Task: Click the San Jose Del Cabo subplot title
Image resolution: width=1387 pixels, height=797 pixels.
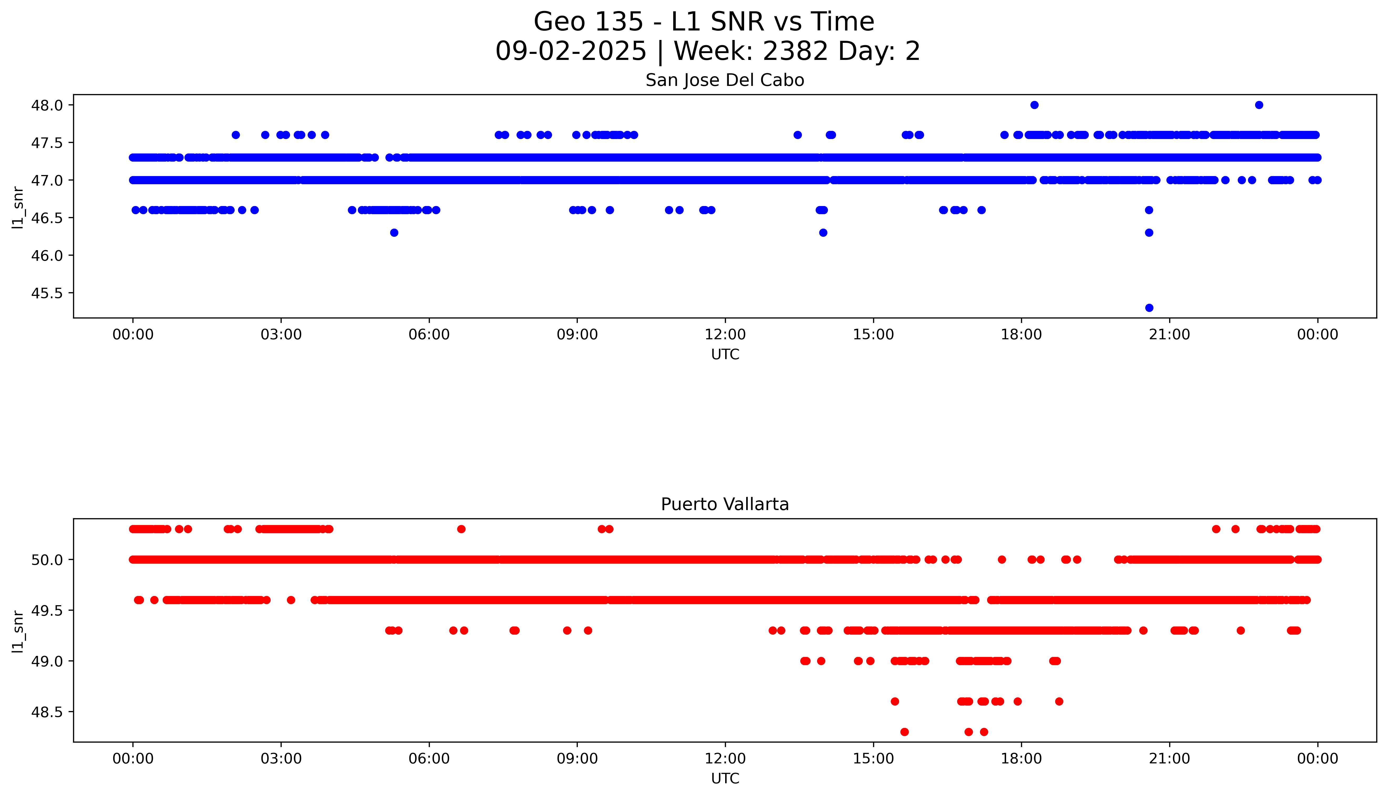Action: click(x=724, y=80)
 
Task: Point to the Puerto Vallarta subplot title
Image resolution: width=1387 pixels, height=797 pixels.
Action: click(x=724, y=504)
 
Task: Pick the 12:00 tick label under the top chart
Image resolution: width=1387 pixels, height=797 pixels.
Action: click(x=725, y=335)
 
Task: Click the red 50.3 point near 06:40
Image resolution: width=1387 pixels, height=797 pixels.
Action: click(x=461, y=529)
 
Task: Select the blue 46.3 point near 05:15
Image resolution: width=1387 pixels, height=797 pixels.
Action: click(x=394, y=233)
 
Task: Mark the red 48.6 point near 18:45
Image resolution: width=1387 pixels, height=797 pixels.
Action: click(x=1059, y=701)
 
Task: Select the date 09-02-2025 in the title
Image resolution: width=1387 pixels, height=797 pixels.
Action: click(x=571, y=52)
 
